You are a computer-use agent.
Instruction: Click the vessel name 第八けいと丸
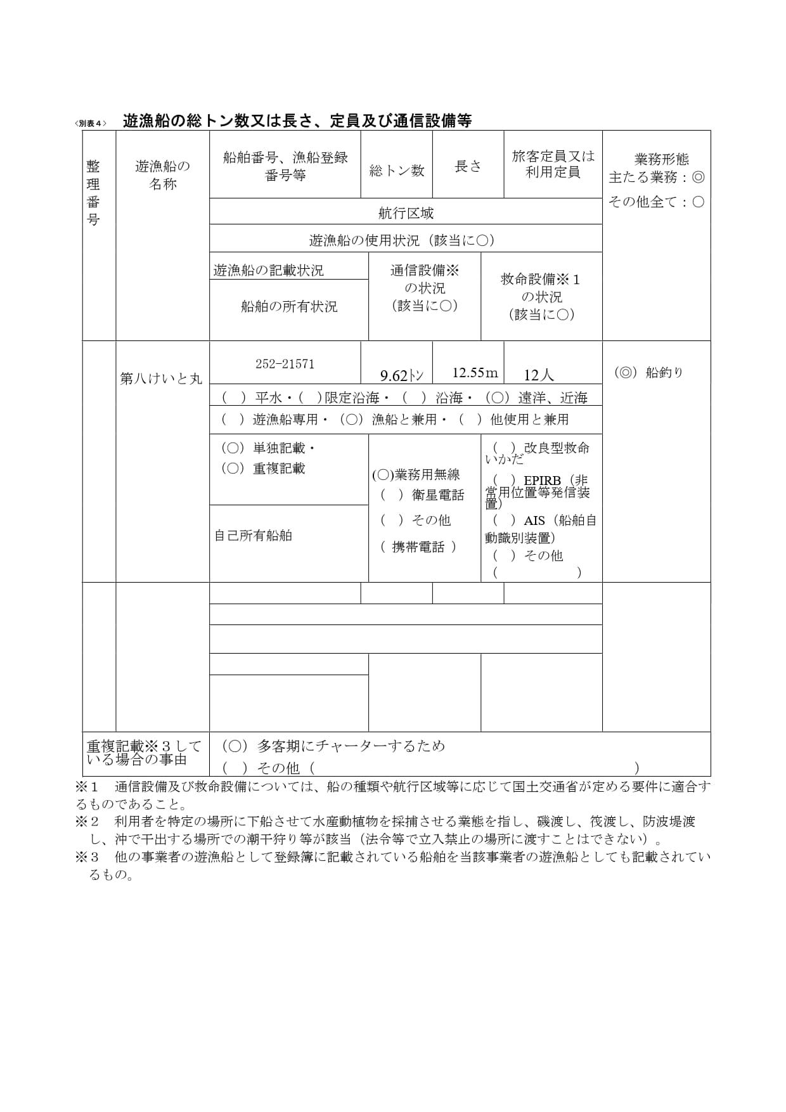(x=161, y=378)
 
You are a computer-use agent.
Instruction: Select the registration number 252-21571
(x=285, y=364)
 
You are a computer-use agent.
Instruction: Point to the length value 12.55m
(x=475, y=372)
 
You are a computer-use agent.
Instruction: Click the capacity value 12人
(x=539, y=375)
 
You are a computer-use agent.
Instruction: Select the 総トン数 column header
(x=397, y=171)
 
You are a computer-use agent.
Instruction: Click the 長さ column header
(x=468, y=166)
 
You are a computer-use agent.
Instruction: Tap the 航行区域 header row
(x=406, y=213)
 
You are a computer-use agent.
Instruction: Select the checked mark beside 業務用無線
(x=383, y=474)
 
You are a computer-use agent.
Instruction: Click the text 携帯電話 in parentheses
(x=418, y=546)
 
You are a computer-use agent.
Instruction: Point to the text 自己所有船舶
(x=253, y=536)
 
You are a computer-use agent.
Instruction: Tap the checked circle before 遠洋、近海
(x=498, y=398)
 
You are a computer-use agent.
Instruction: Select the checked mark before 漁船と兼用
(x=352, y=420)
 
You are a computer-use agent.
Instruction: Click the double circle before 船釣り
(x=626, y=373)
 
